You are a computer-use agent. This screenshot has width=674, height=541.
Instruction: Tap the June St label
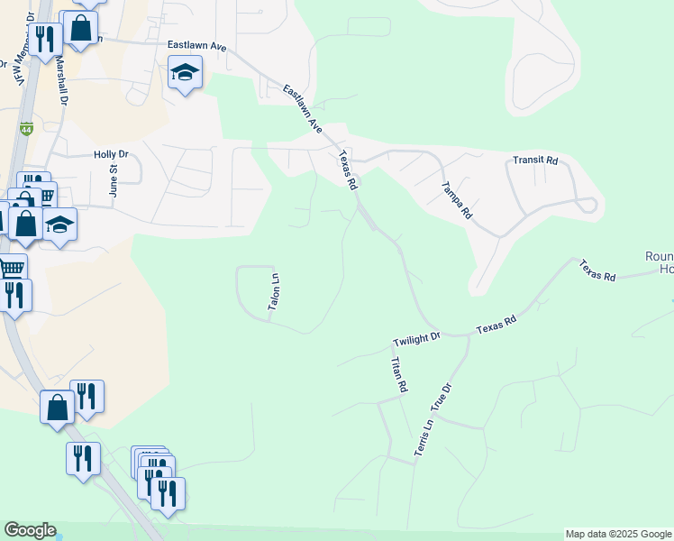(114, 179)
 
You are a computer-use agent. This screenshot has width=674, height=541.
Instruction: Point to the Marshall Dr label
(61, 81)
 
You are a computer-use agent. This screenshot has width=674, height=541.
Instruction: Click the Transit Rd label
(535, 160)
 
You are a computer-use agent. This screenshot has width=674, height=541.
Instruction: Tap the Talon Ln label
(276, 294)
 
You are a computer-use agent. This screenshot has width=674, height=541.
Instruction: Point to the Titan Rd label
(397, 374)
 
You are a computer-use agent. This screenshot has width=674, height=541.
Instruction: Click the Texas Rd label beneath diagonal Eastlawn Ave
(347, 169)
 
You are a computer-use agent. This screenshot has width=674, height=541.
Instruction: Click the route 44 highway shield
(27, 128)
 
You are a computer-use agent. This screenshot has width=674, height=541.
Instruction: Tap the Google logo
(30, 530)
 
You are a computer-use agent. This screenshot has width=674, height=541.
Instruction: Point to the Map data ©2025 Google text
(618, 534)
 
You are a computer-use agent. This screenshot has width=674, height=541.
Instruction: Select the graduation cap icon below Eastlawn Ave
(185, 73)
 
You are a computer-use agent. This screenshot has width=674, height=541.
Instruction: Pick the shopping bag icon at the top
(80, 28)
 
